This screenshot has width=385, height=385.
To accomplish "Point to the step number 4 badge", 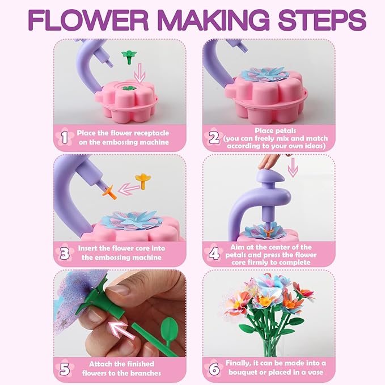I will coord(214,252).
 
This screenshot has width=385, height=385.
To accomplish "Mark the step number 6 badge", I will coord(214,368).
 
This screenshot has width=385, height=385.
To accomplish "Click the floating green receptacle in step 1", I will coord(129,56).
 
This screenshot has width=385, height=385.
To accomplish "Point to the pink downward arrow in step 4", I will coord(293,169).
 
